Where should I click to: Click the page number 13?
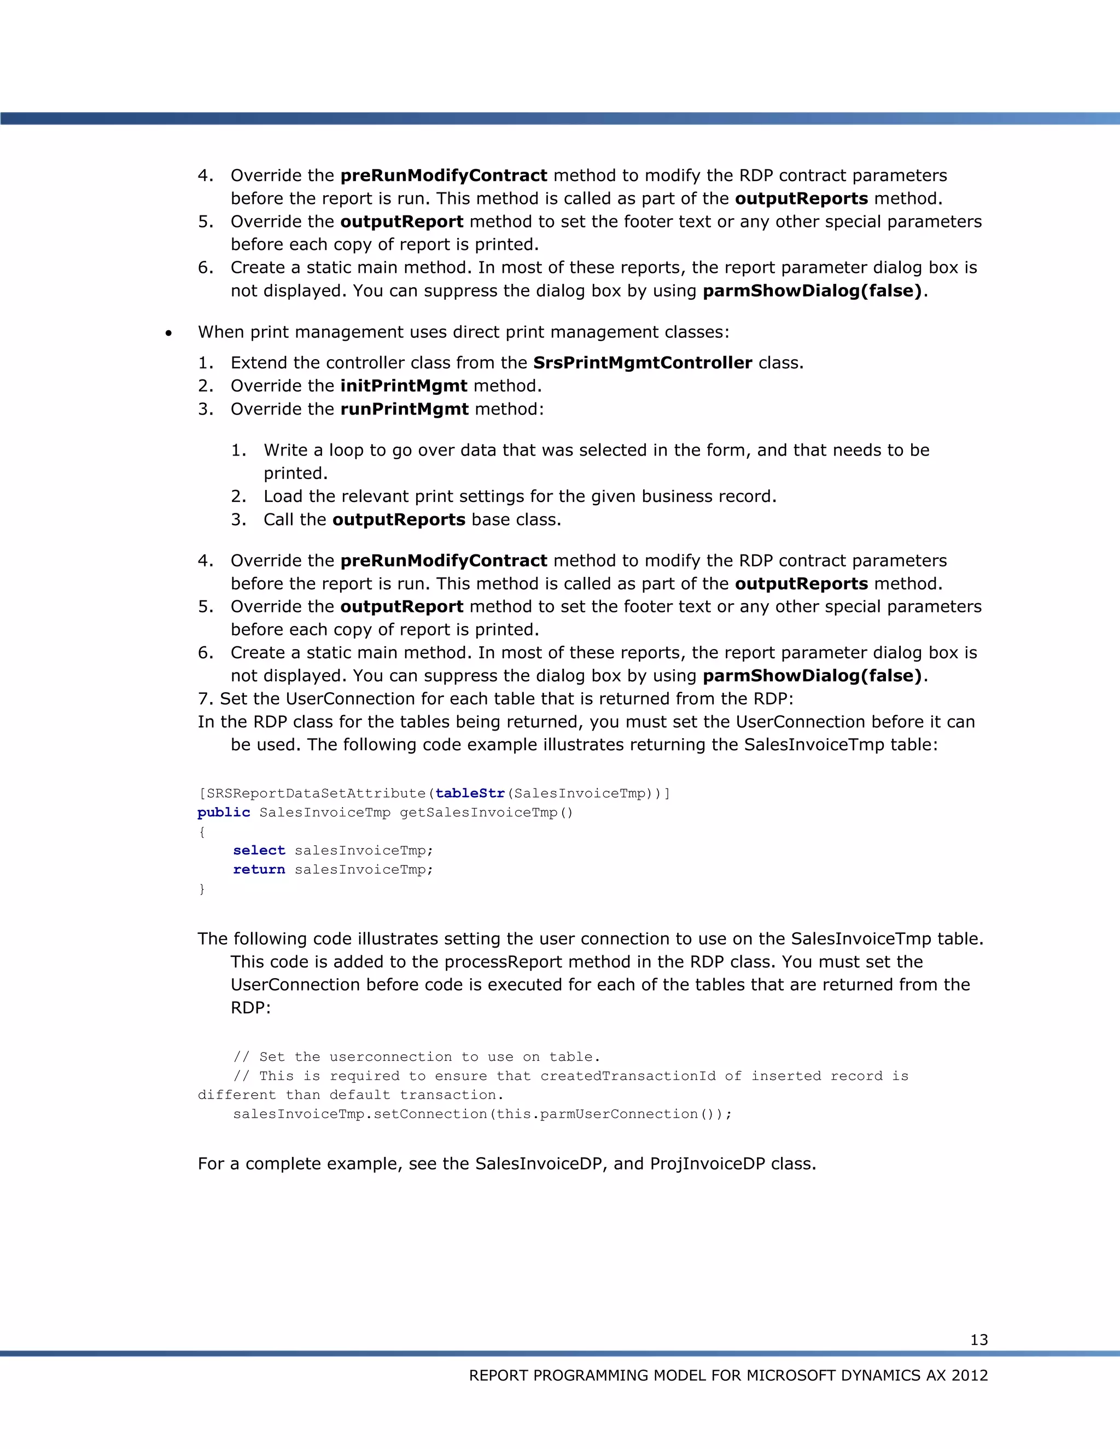pyautogui.click(x=979, y=1340)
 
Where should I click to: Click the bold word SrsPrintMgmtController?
pyautogui.click(x=642, y=363)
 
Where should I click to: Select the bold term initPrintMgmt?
pyautogui.click(x=404, y=386)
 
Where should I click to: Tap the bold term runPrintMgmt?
pyautogui.click(x=404, y=410)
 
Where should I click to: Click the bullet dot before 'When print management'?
pyautogui.click(x=169, y=333)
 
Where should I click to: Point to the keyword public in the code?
pyautogui.click(x=224, y=813)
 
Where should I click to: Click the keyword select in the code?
pyautogui.click(x=259, y=851)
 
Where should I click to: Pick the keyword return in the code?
pyautogui.click(x=259, y=870)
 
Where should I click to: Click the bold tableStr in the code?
pyautogui.click(x=470, y=793)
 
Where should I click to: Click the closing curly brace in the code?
pyautogui.click(x=202, y=889)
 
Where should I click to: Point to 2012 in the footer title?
pyautogui.click(x=970, y=1375)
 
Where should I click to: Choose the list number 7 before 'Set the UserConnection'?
pyautogui.click(x=203, y=699)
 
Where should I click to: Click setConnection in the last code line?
pyautogui.click(x=430, y=1114)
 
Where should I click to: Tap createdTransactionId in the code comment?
pyautogui.click(x=628, y=1076)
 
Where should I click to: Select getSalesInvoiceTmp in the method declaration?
pyautogui.click(x=479, y=813)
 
